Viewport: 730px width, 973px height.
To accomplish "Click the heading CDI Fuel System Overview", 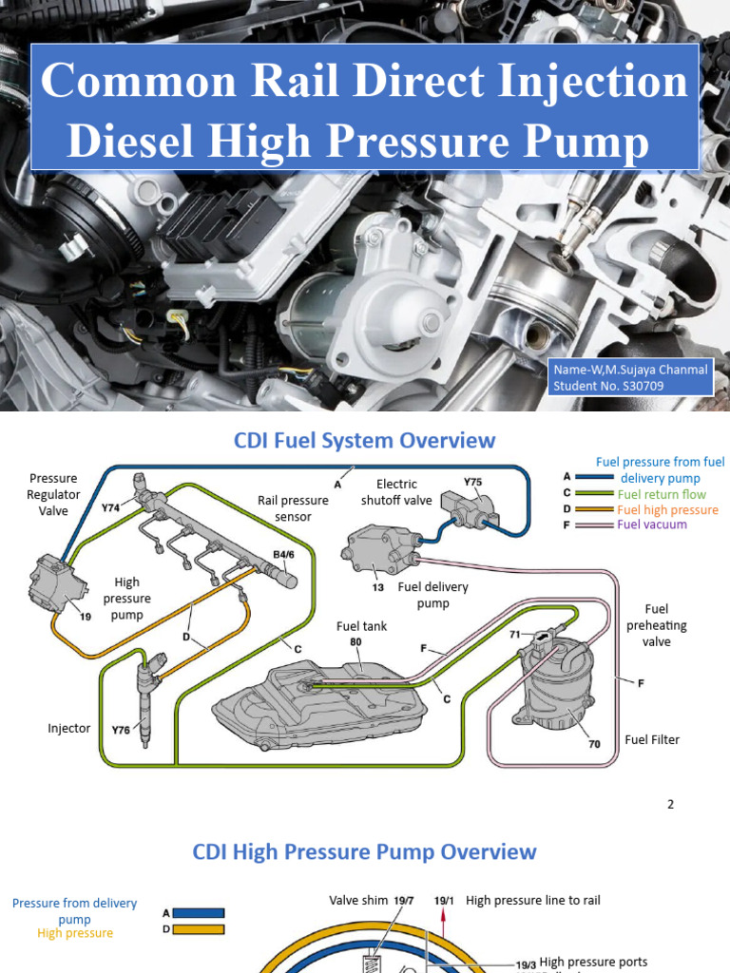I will (364, 441).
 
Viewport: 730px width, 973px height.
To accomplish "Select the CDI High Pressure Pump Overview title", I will (364, 851).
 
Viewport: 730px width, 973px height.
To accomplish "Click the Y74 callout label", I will (110, 507).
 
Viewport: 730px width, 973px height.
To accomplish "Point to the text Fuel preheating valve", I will (656, 625).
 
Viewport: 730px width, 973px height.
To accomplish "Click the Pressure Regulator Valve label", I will (53, 494).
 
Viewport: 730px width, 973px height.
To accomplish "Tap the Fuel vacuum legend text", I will (651, 524).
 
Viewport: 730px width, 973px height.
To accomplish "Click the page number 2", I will (670, 804).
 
